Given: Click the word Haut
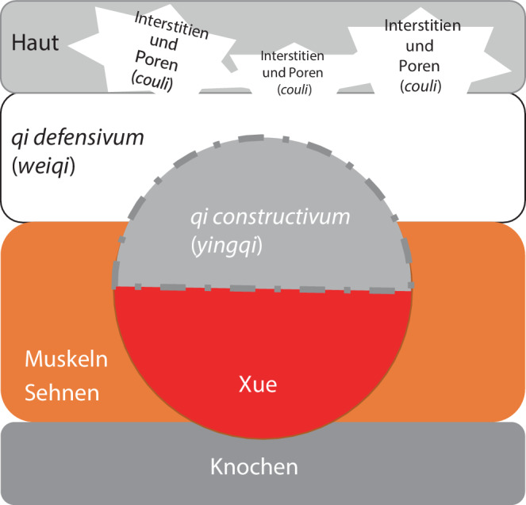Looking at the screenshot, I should (x=35, y=43).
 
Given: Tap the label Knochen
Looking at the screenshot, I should (x=254, y=466).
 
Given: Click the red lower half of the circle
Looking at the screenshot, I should (x=262, y=349).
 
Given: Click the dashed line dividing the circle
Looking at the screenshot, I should (x=262, y=289).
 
